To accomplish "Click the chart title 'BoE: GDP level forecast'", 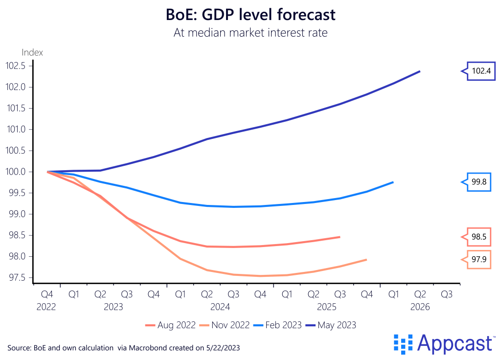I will [x=251, y=15].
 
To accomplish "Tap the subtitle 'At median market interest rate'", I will [x=251, y=33].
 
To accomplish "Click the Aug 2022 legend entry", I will [x=171, y=325].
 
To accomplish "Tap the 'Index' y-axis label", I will [x=32, y=52].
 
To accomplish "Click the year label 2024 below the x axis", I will [x=220, y=307].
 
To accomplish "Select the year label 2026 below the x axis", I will [x=420, y=307].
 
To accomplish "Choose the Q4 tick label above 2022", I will [x=47, y=294].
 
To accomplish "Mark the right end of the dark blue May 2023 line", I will [x=419, y=71].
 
